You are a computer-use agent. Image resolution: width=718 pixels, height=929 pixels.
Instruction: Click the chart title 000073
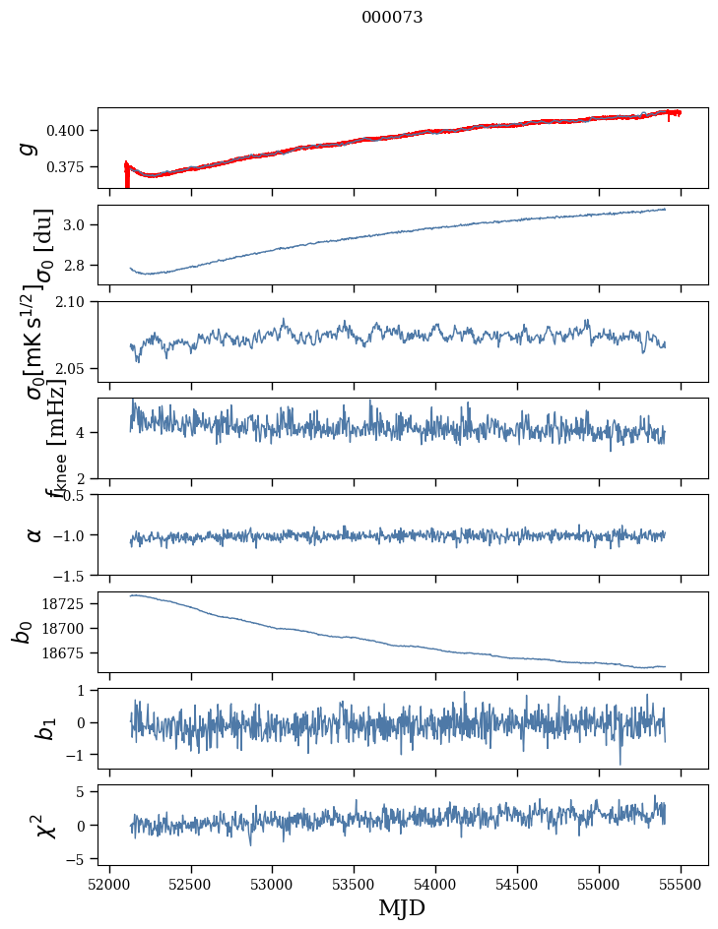click(392, 18)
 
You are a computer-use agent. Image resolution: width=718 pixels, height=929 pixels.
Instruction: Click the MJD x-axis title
click(402, 907)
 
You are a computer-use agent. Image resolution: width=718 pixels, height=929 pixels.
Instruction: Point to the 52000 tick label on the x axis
click(109, 882)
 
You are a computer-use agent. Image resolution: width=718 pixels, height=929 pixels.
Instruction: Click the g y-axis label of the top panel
click(29, 148)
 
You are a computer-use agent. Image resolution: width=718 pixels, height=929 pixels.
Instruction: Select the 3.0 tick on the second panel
click(81, 225)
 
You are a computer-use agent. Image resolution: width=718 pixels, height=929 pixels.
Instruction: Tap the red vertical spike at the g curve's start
click(127, 176)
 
